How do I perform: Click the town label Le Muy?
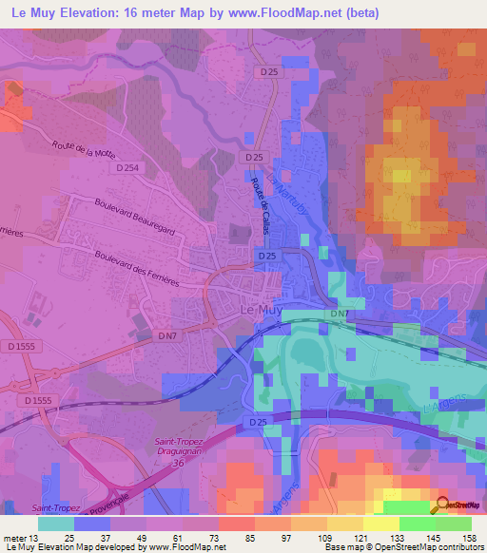coord(258,309)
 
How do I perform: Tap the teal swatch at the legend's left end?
coord(56,524)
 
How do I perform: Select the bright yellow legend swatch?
coord(381,524)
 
